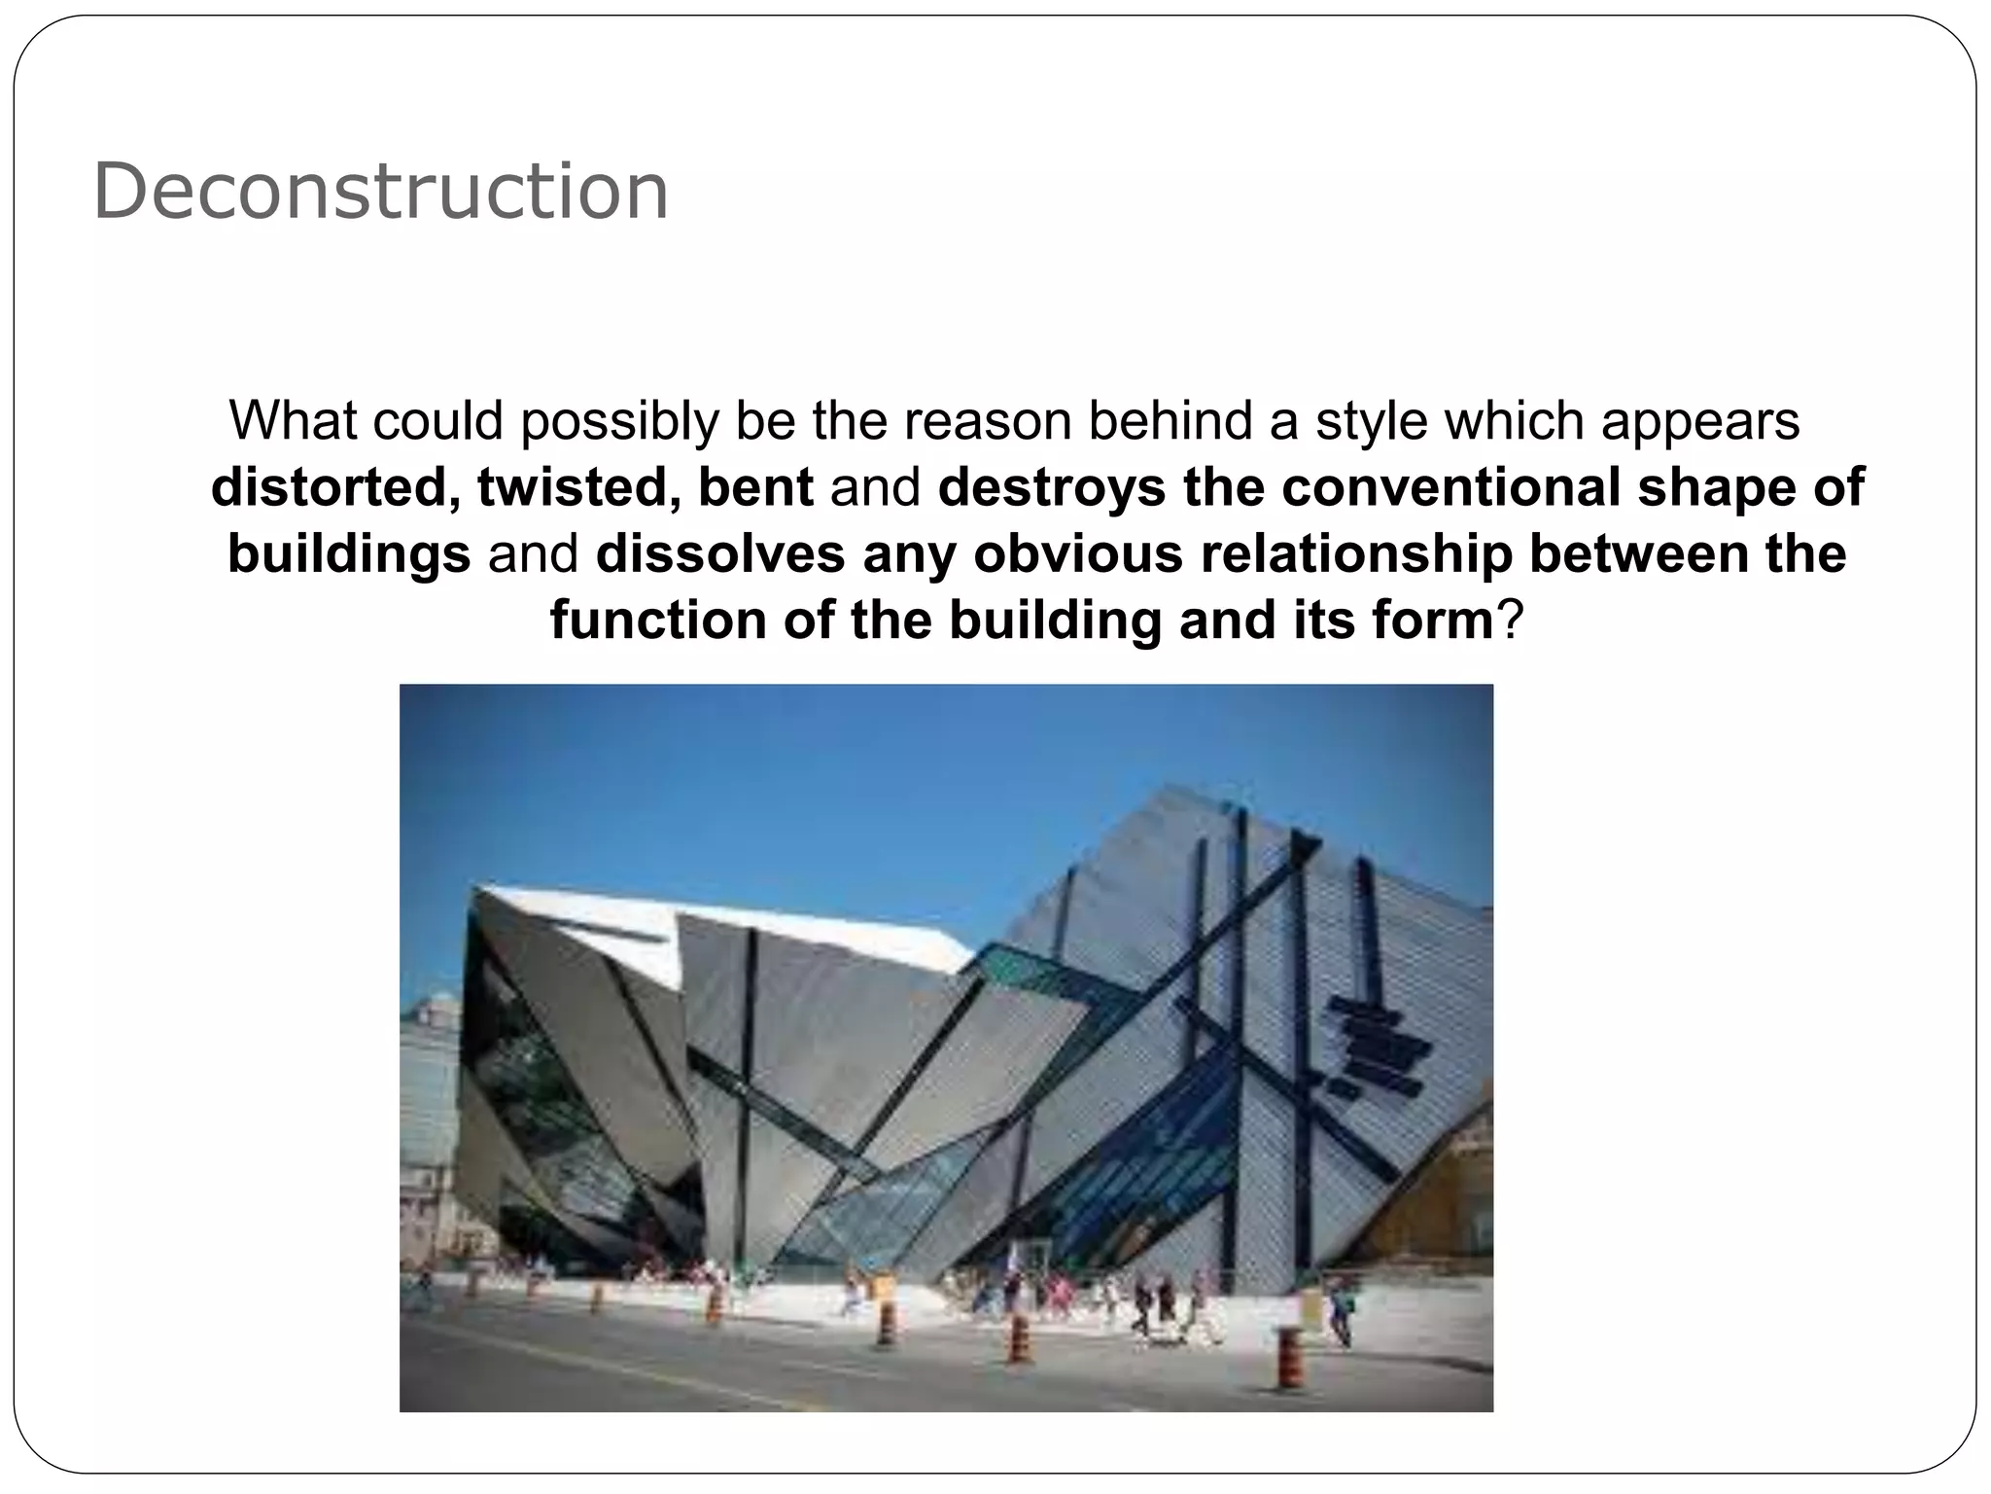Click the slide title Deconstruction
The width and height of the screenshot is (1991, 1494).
pos(380,192)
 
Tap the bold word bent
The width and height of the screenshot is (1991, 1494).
pos(755,487)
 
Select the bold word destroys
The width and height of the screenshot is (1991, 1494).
pos(1052,487)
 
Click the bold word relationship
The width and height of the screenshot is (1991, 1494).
pos(1356,554)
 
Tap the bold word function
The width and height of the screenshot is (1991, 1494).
pos(658,621)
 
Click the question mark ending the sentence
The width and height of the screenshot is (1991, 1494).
pos(1509,621)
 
